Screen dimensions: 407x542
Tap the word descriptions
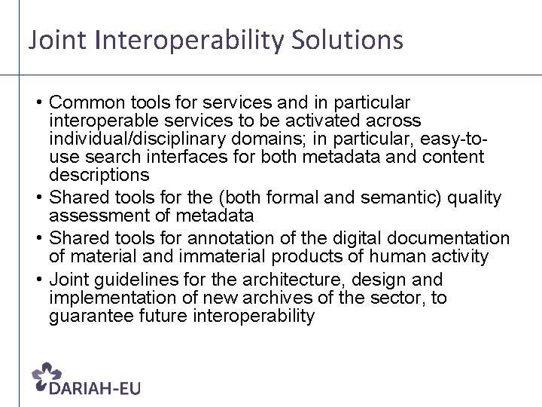[99, 175]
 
